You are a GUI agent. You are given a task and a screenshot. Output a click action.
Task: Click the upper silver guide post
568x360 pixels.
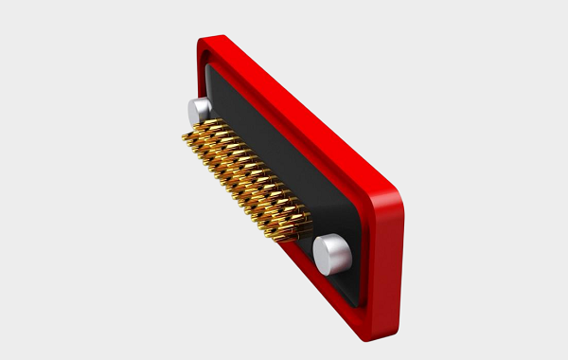point(198,110)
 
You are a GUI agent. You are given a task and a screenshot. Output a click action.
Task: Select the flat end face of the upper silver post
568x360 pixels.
point(194,110)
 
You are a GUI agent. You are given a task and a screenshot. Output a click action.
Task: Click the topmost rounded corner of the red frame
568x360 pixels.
point(206,42)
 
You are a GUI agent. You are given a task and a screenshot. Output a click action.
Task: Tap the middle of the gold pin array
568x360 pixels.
point(246,180)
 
